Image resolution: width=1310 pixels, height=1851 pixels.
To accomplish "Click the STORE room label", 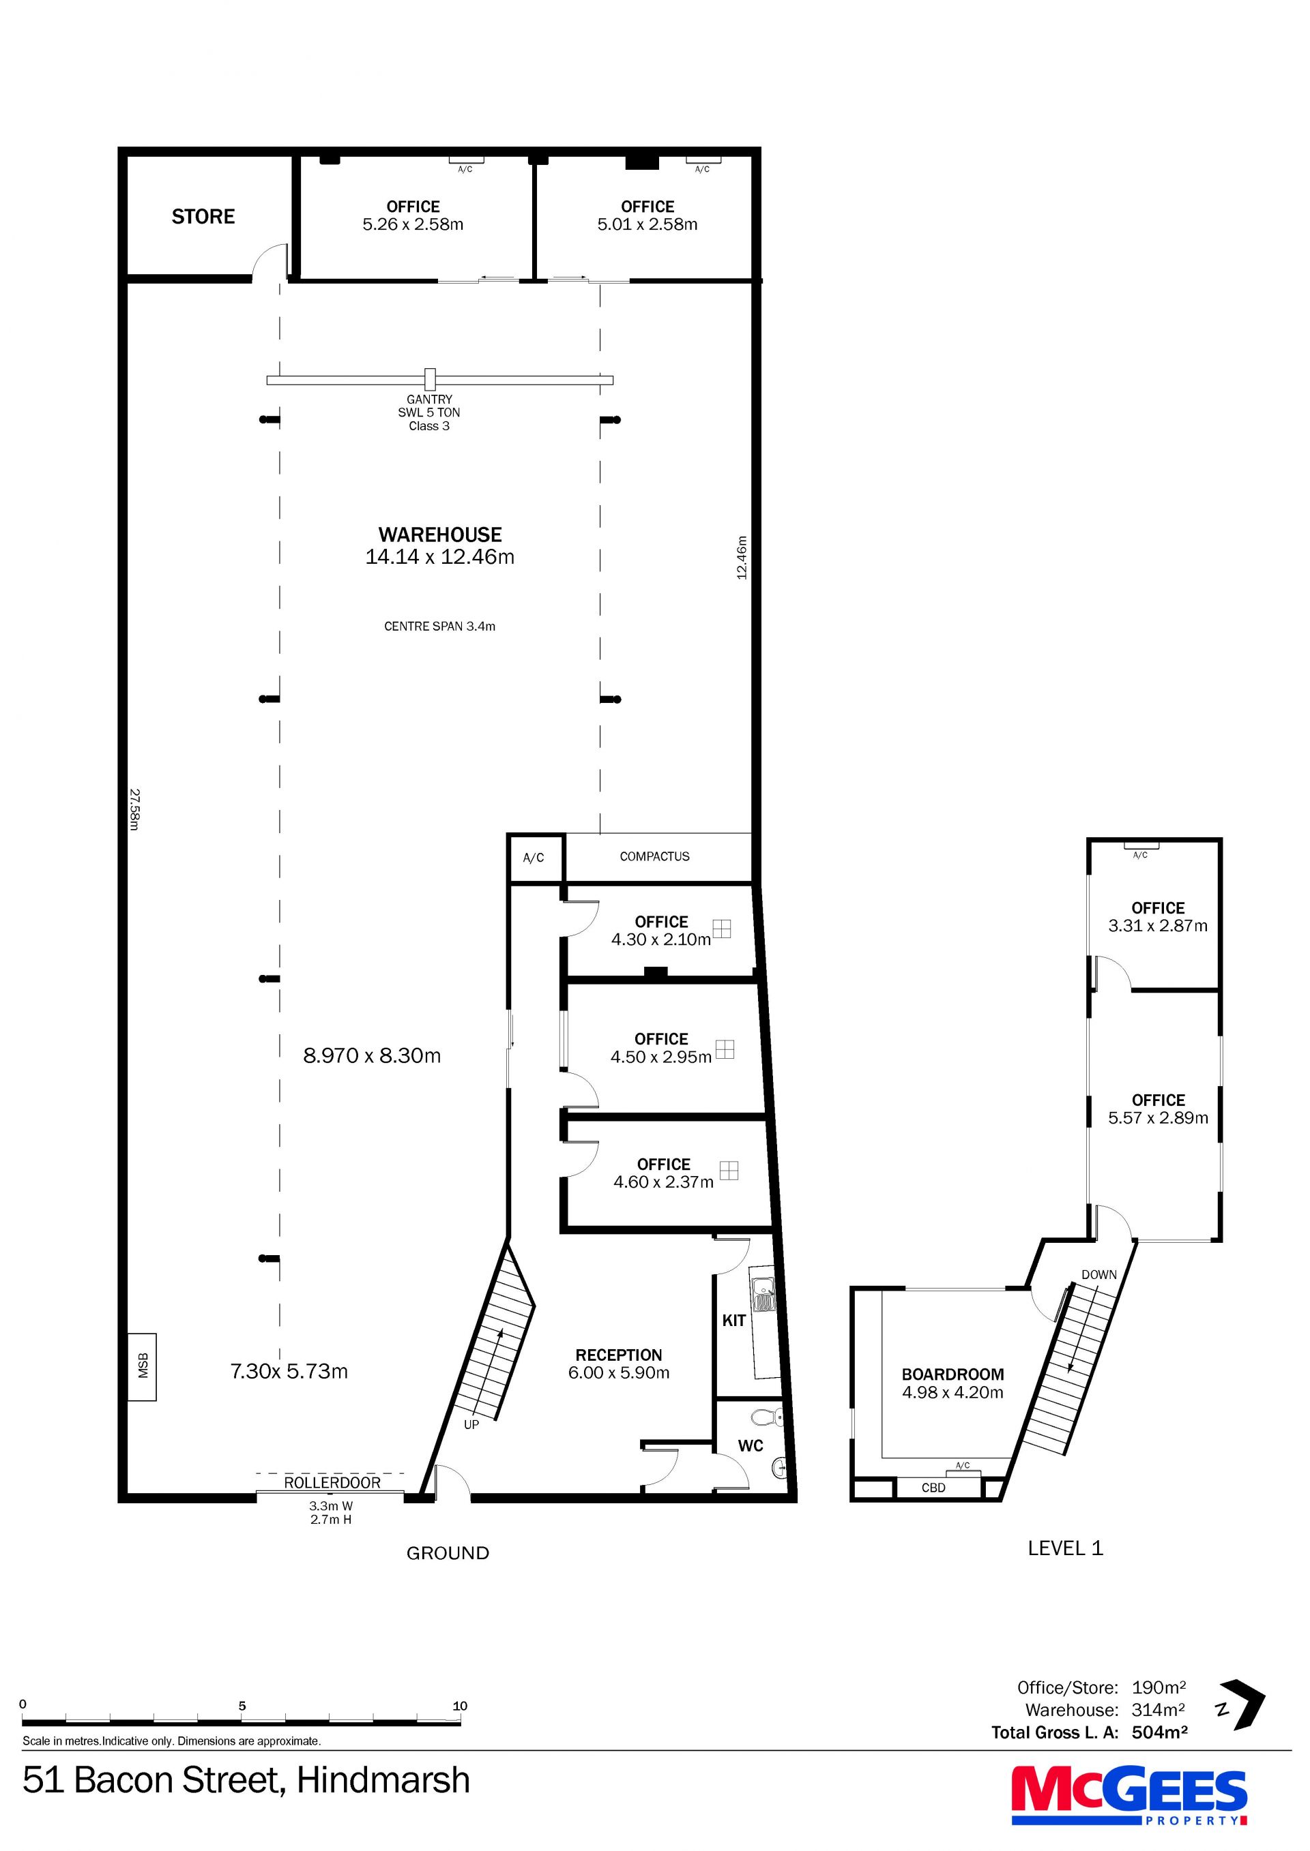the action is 203,216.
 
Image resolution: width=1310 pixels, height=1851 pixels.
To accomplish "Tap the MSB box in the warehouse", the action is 143,1366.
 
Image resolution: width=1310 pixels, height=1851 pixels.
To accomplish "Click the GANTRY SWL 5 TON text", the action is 429,406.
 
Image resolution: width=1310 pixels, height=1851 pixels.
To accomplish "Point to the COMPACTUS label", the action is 654,856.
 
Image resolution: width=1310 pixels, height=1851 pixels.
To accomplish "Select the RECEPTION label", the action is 619,1355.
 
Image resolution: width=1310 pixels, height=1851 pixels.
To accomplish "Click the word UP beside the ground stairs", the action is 471,1424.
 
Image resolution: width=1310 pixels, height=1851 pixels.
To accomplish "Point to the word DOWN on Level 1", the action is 1098,1275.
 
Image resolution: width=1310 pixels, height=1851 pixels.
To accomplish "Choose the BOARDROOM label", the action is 952,1374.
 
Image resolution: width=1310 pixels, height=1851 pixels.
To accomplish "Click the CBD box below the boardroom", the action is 933,1488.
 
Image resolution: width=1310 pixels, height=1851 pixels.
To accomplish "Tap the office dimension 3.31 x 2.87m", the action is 1158,927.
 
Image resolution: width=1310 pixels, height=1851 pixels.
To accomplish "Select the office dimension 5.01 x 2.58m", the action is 647,225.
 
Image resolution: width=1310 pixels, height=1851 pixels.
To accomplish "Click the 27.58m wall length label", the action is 134,809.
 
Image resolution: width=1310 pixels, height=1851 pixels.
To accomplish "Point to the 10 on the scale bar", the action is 460,1706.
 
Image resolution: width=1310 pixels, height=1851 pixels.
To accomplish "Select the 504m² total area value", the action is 1159,1732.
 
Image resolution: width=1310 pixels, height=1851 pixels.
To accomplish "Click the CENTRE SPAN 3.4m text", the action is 439,627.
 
